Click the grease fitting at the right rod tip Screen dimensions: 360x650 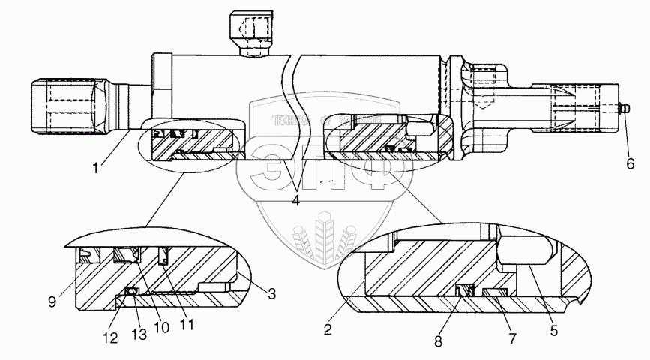tap(623, 110)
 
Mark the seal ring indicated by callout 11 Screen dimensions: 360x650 tap(165, 257)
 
